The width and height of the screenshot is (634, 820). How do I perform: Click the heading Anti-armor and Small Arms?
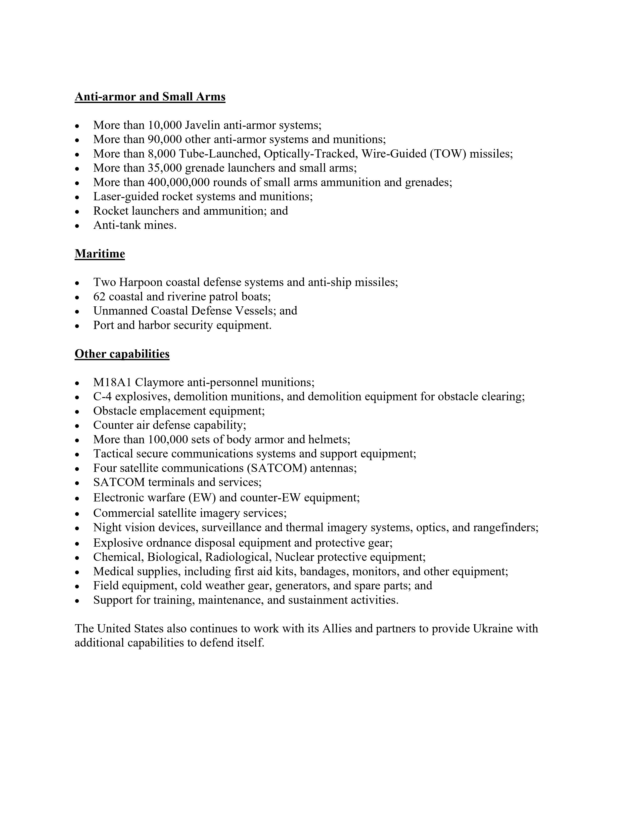point(150,97)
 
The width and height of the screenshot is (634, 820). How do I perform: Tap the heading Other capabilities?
point(122,354)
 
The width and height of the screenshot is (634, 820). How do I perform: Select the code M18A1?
point(112,383)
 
